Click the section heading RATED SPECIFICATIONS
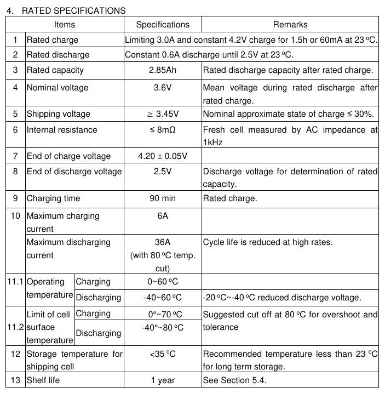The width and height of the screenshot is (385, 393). (73, 10)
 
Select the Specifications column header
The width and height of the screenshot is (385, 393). (163, 24)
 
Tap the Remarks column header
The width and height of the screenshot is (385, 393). (290, 24)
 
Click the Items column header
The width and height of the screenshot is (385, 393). (65, 24)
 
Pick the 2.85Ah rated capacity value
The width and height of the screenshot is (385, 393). (163, 70)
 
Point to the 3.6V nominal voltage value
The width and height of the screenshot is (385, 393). (163, 88)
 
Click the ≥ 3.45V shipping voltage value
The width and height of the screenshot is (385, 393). (163, 114)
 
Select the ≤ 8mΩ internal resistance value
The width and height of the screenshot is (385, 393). (163, 130)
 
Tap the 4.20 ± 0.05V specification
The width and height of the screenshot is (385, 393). (163, 156)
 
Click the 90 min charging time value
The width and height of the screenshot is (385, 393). (163, 198)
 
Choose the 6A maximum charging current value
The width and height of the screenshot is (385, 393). (163, 216)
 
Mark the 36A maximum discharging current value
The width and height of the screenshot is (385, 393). (163, 242)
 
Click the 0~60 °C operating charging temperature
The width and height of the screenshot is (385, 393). (163, 282)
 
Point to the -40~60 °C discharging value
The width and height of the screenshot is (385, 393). (163, 298)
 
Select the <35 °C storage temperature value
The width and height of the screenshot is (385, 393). (163, 354)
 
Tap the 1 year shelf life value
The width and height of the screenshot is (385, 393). (163, 380)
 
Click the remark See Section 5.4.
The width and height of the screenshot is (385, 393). (234, 380)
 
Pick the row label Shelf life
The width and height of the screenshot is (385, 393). (43, 380)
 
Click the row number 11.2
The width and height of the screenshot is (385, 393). (16, 327)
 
